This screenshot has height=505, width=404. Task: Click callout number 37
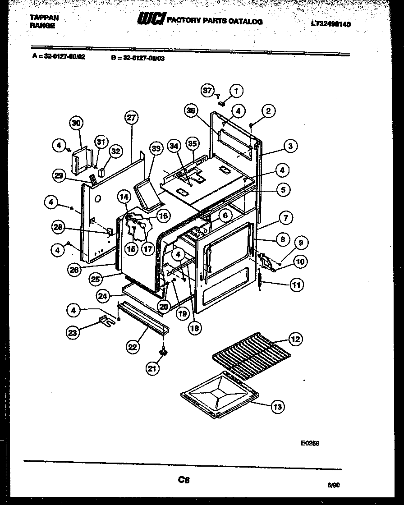tap(207, 91)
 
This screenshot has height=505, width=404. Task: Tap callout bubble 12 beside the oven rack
tap(295, 339)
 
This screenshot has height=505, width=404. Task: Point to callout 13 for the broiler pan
tap(277, 407)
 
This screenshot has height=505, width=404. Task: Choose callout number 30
tap(77, 123)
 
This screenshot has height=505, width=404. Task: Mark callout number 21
tap(153, 369)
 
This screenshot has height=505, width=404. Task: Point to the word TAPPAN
tap(44, 18)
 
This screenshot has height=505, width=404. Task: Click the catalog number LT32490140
tap(331, 24)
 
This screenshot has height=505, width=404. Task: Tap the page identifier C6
tap(184, 480)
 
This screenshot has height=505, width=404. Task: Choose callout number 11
tap(296, 285)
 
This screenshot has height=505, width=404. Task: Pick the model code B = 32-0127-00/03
tap(137, 58)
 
